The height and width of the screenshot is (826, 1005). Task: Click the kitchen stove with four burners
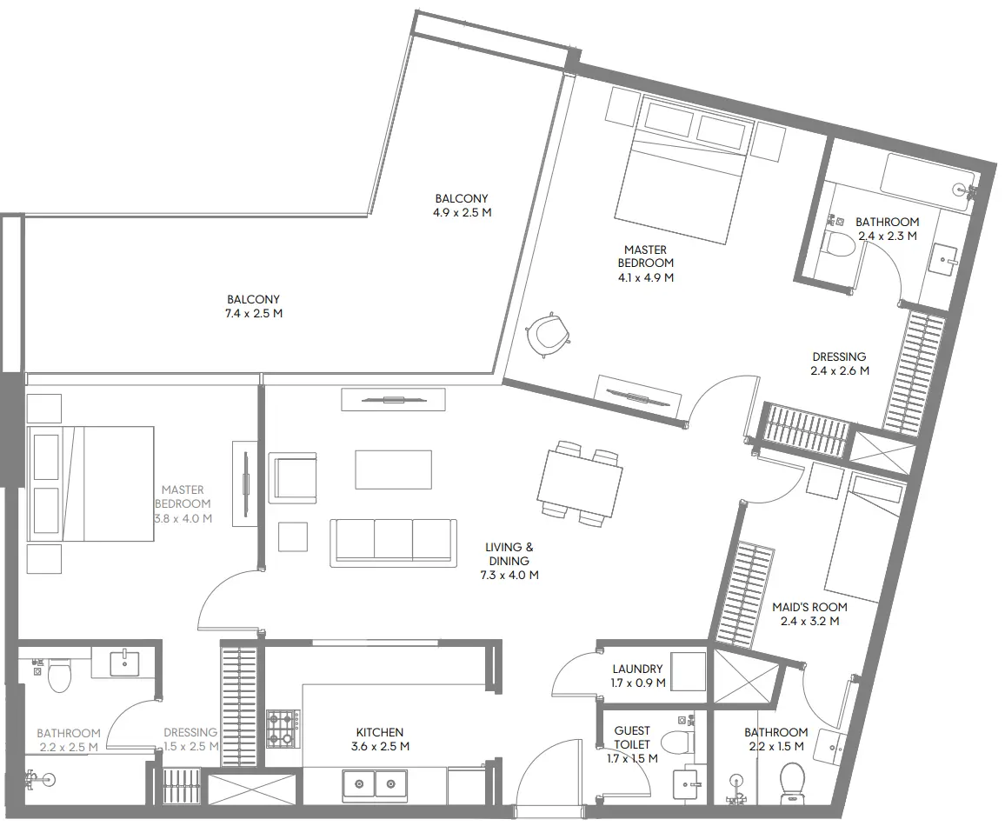283,729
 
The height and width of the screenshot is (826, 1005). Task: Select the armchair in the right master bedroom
548,334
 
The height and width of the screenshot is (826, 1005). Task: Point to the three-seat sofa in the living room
393,543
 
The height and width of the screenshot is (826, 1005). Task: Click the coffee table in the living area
393,470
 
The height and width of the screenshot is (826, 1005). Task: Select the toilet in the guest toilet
677,743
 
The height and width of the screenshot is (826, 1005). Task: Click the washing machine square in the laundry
687,670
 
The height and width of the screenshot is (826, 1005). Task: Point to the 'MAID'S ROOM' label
809,607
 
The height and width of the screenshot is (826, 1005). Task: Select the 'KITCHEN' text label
379,732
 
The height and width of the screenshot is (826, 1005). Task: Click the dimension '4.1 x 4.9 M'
645,278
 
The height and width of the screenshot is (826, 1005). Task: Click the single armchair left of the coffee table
293,477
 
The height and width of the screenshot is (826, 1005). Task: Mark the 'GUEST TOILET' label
631,737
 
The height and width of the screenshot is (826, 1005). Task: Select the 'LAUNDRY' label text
637,669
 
